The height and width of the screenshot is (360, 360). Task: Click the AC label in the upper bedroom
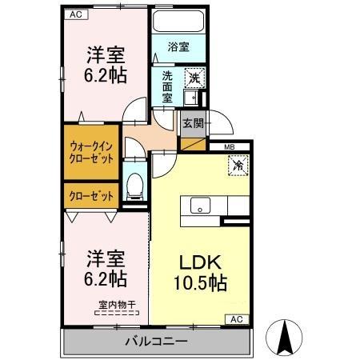tap(74, 14)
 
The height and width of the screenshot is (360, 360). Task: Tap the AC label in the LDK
tap(236, 318)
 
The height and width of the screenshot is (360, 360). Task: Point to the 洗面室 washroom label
tap(167, 86)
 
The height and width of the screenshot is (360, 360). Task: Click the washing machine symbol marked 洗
tap(194, 78)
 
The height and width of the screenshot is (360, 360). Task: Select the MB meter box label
tap(229, 146)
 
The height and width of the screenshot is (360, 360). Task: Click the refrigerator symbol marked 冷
tap(238, 166)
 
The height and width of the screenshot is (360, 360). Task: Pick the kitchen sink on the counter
tap(198, 204)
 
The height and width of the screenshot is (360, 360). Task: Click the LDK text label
tap(199, 262)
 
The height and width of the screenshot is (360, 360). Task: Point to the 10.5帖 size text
tap(199, 282)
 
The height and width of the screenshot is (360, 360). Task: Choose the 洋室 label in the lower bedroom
tap(106, 258)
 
